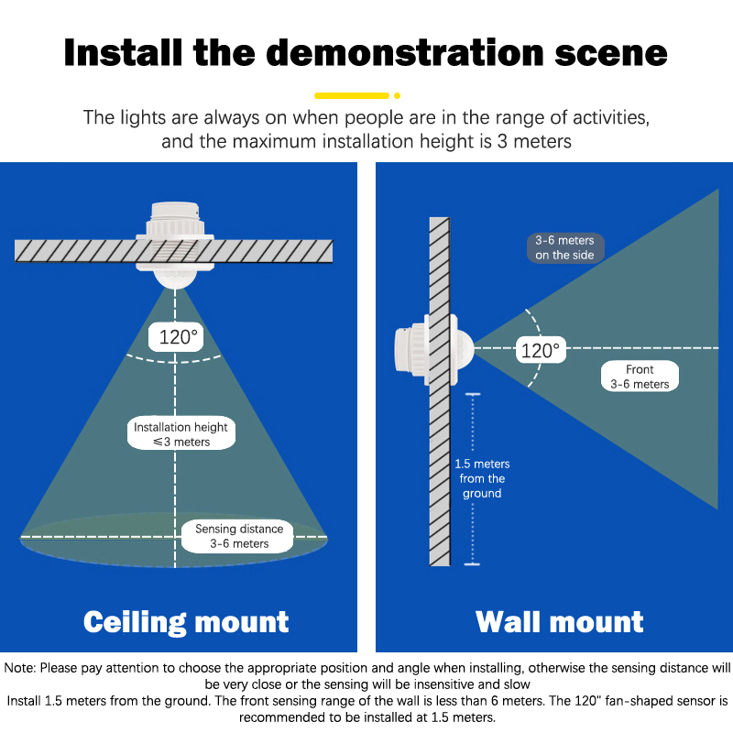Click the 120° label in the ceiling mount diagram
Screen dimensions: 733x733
pos(179,336)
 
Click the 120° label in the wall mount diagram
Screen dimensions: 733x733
pos(540,350)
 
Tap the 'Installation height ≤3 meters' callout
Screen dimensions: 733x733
pos(181,434)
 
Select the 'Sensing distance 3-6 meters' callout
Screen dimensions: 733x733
pos(239,536)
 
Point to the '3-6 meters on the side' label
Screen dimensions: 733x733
pos(565,248)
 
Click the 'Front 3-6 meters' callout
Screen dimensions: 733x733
pos(640,377)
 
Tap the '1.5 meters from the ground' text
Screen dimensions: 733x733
pos(482,478)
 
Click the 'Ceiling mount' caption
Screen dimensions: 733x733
pos(186,622)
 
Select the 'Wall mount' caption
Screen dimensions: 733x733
pos(560,622)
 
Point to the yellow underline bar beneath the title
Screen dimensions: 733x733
pos(352,94)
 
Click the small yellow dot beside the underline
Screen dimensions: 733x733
pos(398,94)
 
